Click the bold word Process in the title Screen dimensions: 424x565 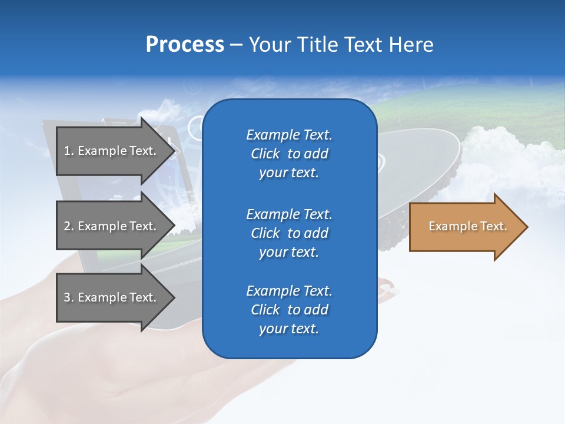185,45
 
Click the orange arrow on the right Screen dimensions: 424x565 465,227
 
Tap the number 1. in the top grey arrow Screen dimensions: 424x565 69,151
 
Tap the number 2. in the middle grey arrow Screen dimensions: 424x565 69,226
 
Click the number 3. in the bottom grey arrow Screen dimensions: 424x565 69,297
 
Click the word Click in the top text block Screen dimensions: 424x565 265,154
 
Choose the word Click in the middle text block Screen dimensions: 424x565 265,233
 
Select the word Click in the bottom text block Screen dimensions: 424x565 265,310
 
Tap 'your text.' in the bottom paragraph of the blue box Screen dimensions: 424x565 289,329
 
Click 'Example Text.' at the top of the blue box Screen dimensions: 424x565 289,135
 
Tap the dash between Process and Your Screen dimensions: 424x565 236,45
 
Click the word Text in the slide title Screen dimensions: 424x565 361,45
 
